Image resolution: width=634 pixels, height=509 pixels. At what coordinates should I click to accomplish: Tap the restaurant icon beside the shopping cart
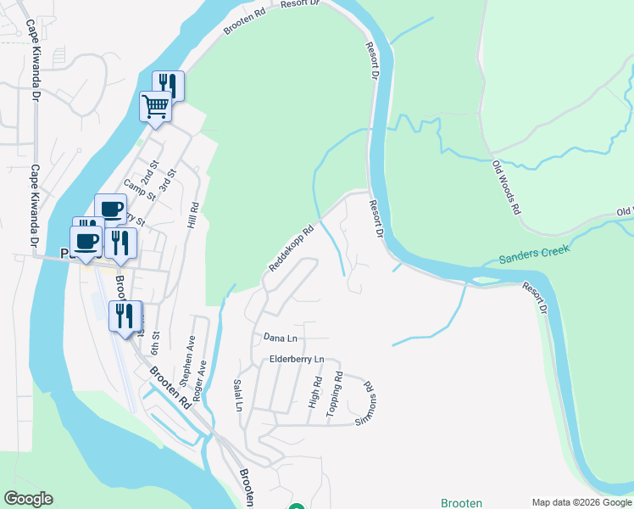[168, 85]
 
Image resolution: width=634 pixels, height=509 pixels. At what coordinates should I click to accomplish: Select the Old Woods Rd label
[505, 187]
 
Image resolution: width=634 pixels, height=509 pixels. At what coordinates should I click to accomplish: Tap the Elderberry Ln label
[297, 360]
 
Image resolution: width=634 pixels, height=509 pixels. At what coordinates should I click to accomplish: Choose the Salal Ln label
[237, 395]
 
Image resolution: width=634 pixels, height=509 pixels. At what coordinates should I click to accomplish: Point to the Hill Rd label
[193, 215]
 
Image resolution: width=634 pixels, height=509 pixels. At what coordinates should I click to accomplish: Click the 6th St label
[155, 344]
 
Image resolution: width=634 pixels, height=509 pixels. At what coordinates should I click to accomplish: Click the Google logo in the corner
[28, 499]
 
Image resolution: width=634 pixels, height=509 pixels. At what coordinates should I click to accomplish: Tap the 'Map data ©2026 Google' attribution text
[581, 502]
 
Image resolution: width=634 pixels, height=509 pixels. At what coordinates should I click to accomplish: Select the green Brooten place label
[461, 503]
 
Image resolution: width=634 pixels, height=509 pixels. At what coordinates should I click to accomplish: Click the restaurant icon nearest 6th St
[125, 316]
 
